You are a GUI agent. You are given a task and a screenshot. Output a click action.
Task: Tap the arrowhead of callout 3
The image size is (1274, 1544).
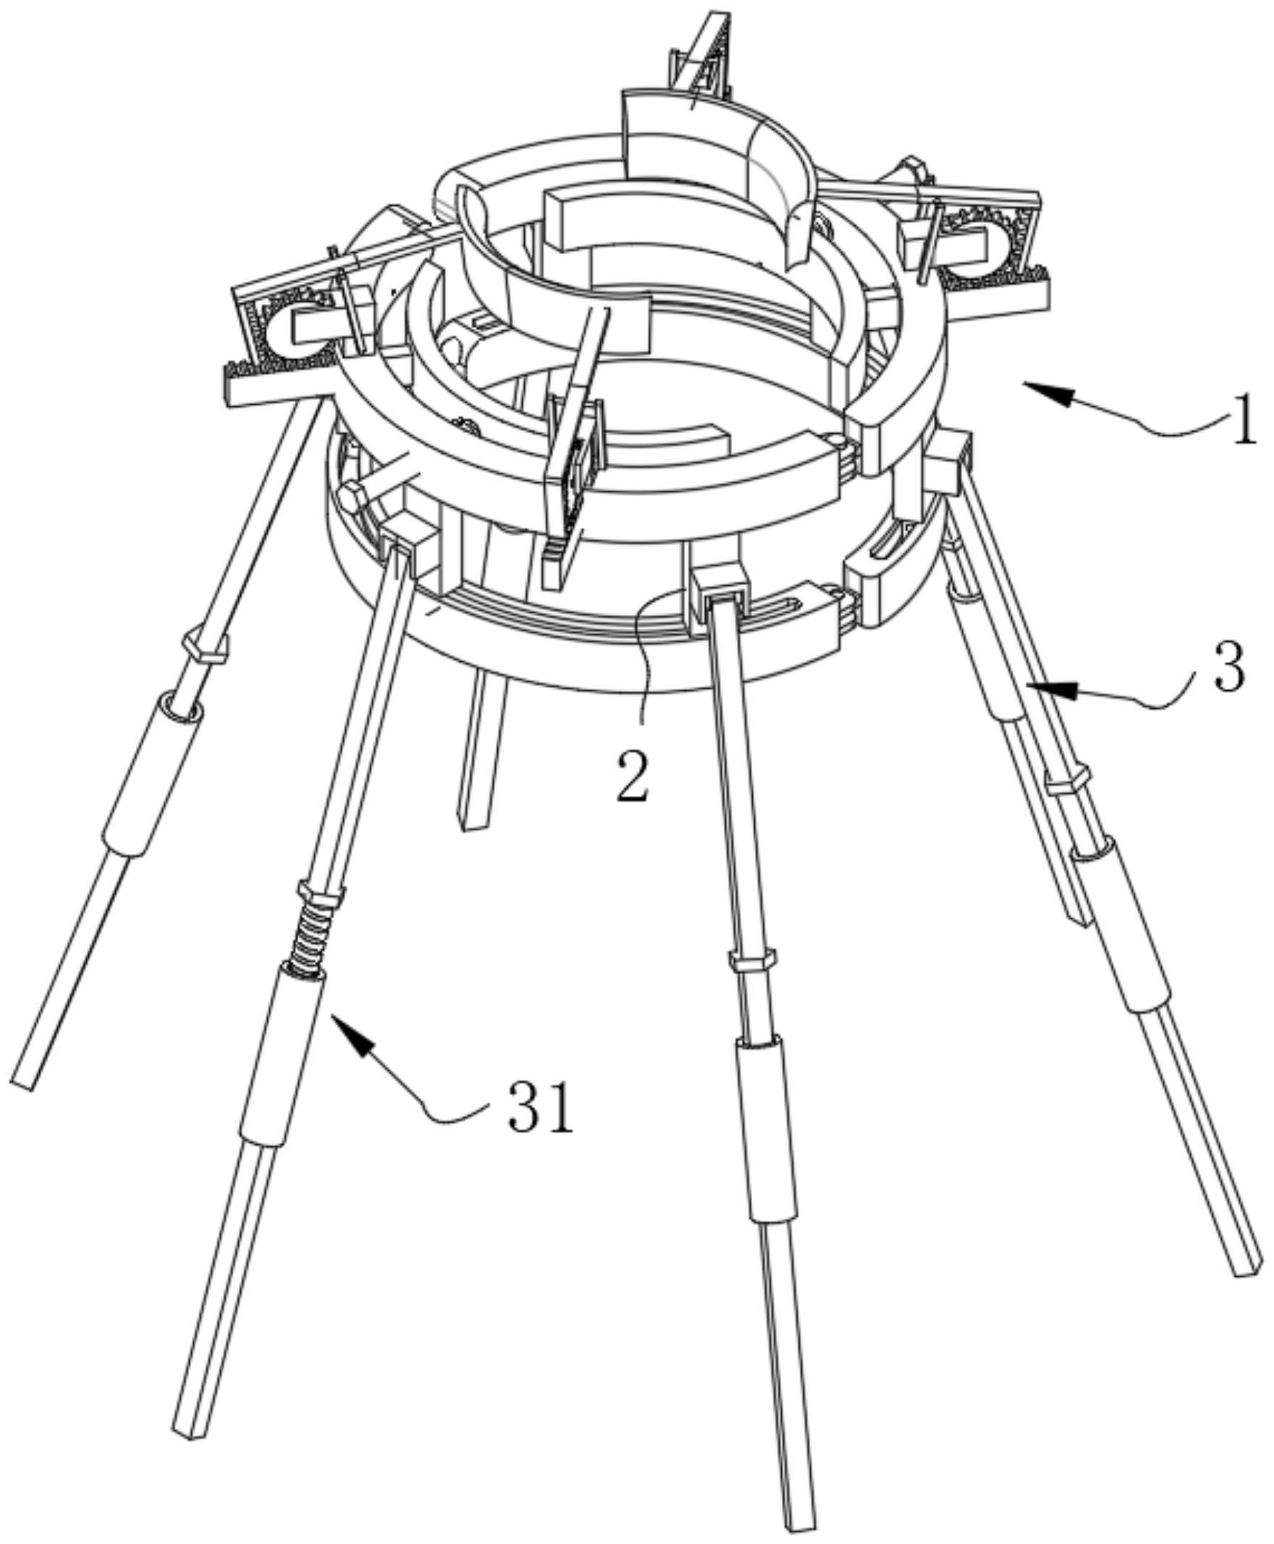(1050, 688)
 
